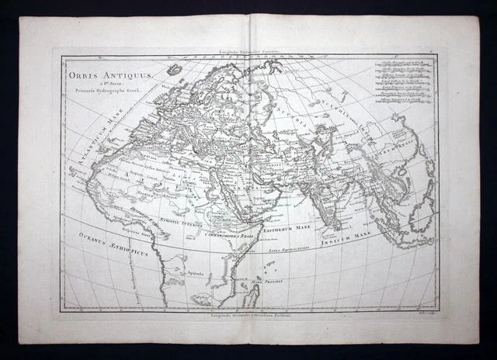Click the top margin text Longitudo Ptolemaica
point(248,50)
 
